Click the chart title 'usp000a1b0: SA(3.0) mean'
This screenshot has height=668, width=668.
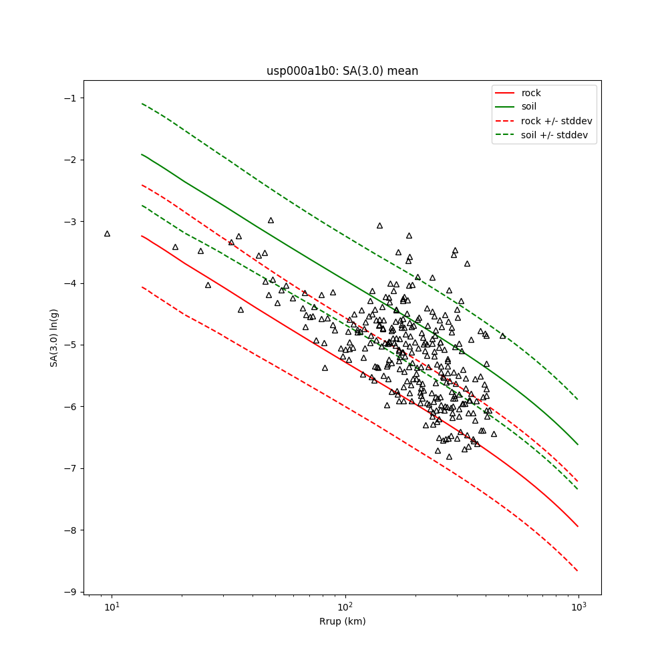(x=342, y=71)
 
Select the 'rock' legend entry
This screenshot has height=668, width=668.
(x=531, y=93)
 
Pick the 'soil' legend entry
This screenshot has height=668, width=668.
(x=529, y=106)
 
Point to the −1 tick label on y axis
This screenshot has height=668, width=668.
(x=68, y=98)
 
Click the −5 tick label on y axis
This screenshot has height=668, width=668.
(x=68, y=345)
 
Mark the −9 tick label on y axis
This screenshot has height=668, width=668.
(x=68, y=592)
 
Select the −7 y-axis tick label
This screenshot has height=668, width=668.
(x=68, y=468)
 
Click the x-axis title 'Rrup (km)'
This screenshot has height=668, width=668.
(x=342, y=622)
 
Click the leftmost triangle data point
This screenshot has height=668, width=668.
(x=107, y=234)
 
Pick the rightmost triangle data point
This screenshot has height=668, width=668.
(x=502, y=335)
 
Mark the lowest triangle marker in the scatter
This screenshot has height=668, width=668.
(x=449, y=457)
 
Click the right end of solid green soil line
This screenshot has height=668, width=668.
(x=578, y=444)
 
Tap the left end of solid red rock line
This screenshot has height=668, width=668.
(x=142, y=236)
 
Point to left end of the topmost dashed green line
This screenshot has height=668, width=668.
(x=142, y=104)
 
